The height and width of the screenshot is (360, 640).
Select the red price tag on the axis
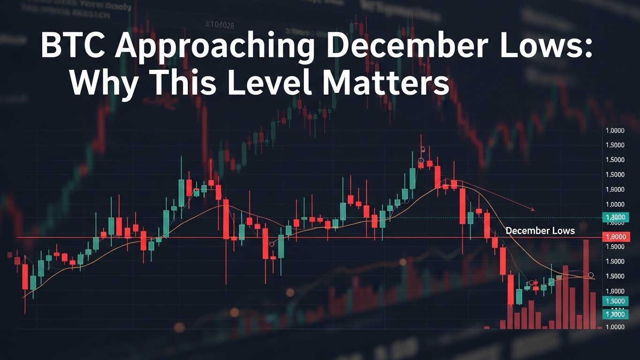[615, 238]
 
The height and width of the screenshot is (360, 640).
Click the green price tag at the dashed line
[615, 217]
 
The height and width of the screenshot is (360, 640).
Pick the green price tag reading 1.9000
[615, 301]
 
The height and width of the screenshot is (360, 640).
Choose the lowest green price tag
[615, 315]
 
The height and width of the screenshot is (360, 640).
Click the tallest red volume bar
[586, 284]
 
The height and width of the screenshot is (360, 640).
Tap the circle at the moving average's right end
[591, 275]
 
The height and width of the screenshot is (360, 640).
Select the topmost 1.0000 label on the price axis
[615, 131]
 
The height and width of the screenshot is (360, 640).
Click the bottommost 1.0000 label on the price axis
[615, 327]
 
